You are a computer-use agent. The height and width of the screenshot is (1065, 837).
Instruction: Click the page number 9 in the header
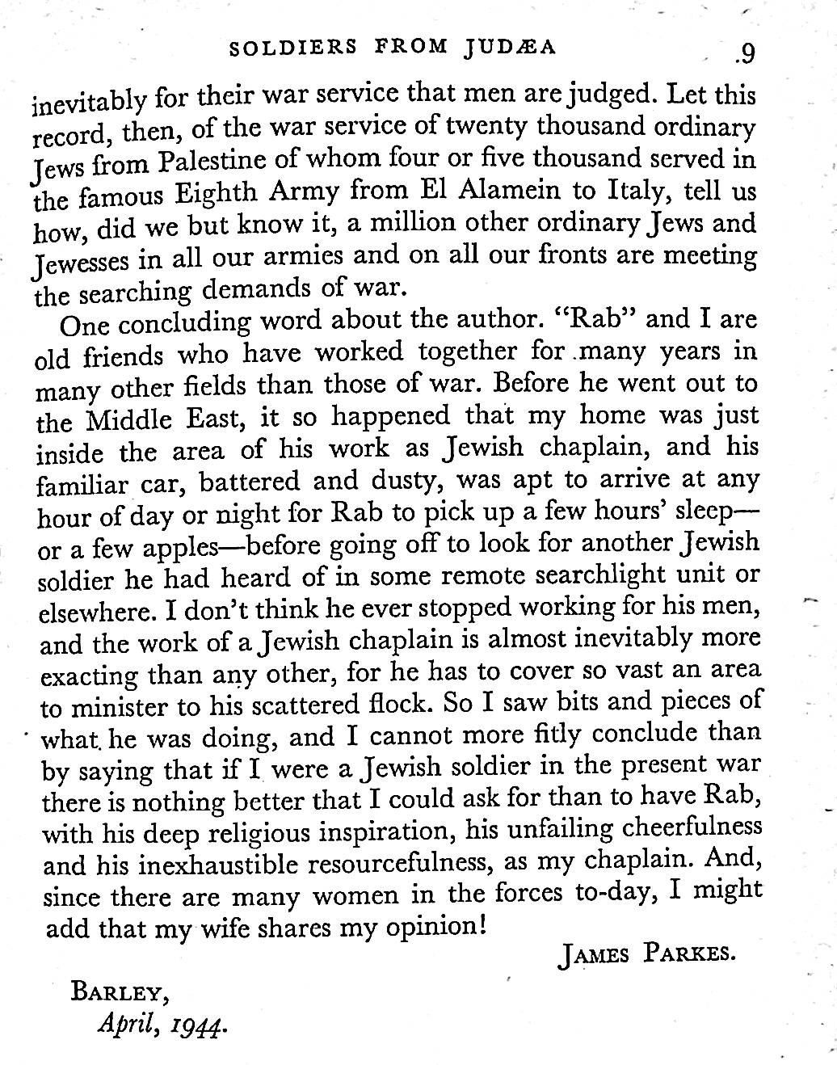click(x=746, y=53)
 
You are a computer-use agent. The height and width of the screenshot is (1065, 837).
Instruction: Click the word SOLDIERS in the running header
click(x=293, y=47)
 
